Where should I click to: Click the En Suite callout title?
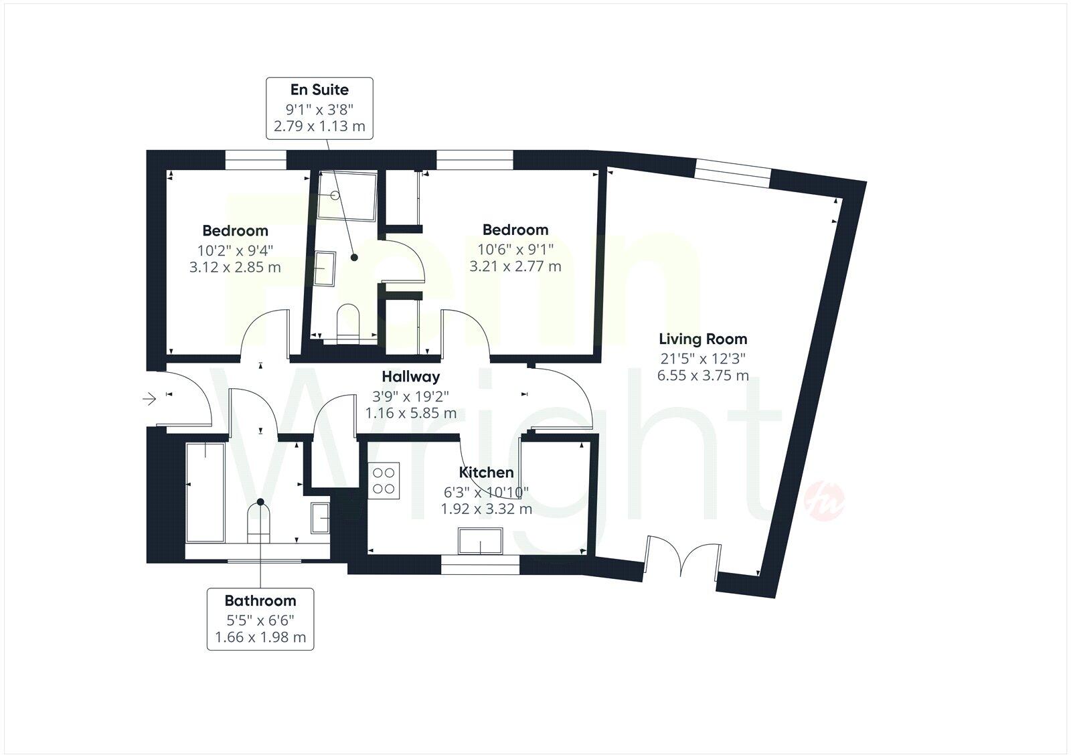[319, 90]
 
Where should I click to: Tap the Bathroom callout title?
[260, 600]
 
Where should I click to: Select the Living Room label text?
[703, 339]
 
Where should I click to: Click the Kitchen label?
[486, 472]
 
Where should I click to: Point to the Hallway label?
[410, 377]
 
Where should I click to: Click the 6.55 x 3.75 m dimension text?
[703, 375]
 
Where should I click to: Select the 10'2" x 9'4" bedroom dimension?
[235, 250]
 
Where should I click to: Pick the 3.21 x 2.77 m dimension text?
[515, 266]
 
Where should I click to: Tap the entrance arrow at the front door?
[149, 400]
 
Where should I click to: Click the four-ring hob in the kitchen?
[384, 480]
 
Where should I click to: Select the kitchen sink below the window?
[480, 541]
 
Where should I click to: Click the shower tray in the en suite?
[347, 195]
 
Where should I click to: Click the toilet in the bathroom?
[259, 522]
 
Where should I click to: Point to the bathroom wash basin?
[320, 517]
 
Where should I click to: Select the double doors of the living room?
[681, 557]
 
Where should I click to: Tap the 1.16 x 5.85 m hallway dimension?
[410, 413]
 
